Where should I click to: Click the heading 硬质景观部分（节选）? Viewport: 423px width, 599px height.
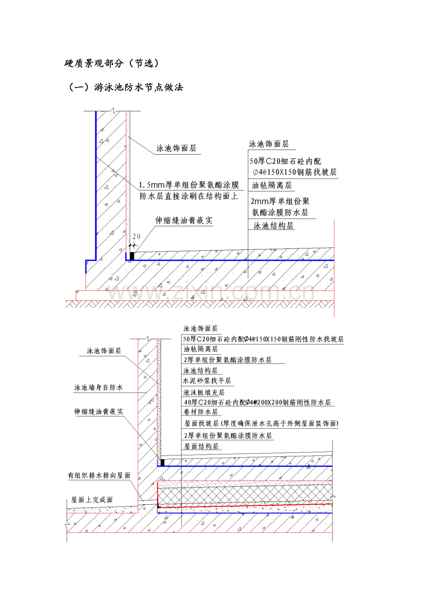[112, 63]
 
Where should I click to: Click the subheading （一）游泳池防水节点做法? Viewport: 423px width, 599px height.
[126, 87]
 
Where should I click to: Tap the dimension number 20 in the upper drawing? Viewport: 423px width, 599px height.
[136, 236]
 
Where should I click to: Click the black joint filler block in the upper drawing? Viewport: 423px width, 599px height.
[132, 256]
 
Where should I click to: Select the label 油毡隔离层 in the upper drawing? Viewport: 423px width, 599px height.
[271, 185]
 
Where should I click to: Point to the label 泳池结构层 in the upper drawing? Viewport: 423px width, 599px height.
[274, 226]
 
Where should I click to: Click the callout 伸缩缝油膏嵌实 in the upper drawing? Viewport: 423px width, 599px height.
[184, 220]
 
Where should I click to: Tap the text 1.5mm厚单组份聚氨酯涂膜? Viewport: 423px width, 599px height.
[189, 185]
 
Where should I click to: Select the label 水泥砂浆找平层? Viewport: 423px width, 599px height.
[207, 380]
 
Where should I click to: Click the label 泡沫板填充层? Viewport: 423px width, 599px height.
[204, 392]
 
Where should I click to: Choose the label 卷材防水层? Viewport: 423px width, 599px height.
[200, 412]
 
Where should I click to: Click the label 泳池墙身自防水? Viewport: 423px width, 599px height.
[98, 387]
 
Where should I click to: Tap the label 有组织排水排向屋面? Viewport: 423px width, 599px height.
[99, 475]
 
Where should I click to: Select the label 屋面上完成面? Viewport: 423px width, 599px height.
[91, 500]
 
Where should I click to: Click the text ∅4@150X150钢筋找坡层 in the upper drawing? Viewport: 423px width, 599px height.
[295, 172]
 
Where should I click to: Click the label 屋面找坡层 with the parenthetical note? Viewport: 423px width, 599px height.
[261, 423]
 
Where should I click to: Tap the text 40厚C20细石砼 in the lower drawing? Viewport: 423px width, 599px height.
[211, 402]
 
